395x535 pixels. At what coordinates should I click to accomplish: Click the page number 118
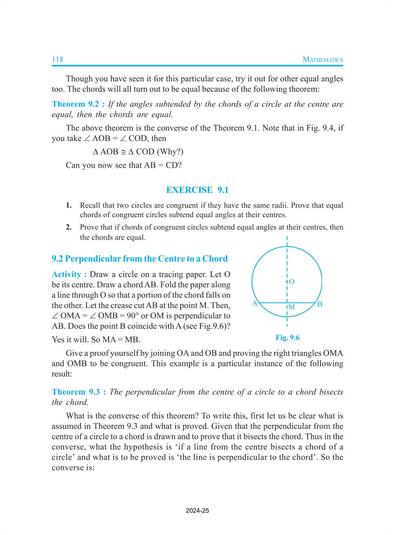point(58,60)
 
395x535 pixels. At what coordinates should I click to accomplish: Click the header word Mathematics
point(323,60)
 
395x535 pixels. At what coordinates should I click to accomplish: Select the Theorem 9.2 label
point(78,104)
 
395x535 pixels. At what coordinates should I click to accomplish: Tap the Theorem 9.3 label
point(78,392)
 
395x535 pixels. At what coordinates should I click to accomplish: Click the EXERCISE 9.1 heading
point(197,190)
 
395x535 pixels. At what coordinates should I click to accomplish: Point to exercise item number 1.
point(69,205)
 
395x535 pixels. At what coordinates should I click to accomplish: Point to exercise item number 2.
point(69,227)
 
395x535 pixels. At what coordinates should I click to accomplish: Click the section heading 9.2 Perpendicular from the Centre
point(140,259)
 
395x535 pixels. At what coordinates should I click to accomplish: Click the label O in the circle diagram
point(292,282)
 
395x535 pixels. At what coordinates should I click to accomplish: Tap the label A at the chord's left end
point(255,304)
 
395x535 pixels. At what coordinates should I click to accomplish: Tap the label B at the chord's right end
point(320,304)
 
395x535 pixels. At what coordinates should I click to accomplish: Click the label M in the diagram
point(292,307)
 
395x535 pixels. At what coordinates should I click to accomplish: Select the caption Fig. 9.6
point(287,338)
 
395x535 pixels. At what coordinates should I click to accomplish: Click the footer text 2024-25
point(197,511)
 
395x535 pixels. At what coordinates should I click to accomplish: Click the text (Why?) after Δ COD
point(170,152)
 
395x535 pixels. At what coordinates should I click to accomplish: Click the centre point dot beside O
point(287,281)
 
